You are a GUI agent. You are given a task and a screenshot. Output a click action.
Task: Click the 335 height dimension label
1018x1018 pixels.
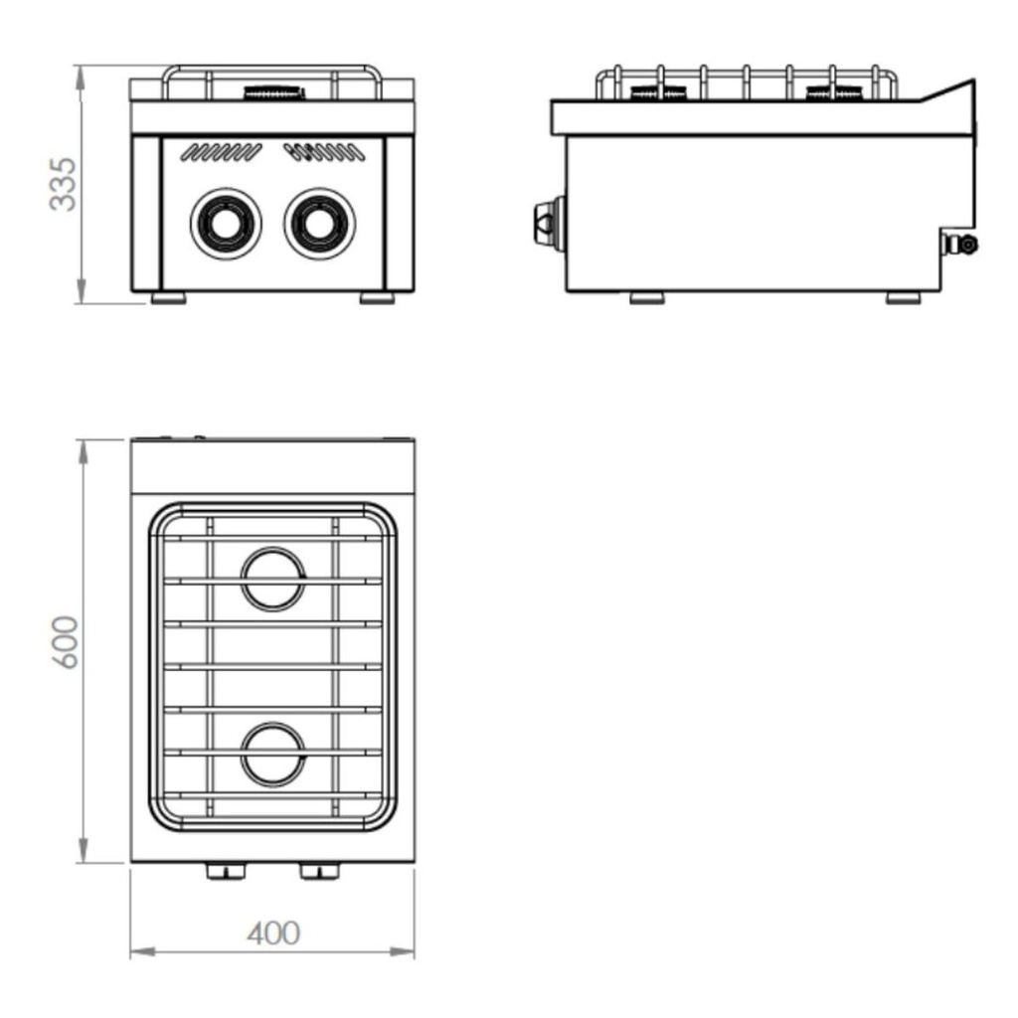pyautogui.click(x=63, y=184)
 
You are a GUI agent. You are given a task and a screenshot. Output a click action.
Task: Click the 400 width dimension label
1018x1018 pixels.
pyautogui.click(x=273, y=933)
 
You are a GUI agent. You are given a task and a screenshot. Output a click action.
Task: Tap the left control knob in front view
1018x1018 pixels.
pyautogui.click(x=226, y=223)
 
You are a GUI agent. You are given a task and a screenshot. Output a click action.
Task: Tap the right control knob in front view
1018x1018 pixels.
pyautogui.click(x=319, y=223)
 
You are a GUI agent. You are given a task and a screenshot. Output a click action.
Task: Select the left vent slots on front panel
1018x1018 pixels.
pyautogui.click(x=223, y=152)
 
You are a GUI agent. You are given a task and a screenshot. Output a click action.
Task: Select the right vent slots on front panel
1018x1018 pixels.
pyautogui.click(x=318, y=152)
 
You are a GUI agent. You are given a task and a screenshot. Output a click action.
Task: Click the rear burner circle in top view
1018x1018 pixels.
pyautogui.click(x=273, y=578)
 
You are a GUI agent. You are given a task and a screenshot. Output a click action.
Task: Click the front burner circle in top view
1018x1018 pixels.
pyautogui.click(x=273, y=754)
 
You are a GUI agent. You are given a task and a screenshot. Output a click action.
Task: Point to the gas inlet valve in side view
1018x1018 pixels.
pyautogui.click(x=961, y=243)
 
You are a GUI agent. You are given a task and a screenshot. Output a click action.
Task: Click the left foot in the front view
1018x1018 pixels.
pyautogui.click(x=169, y=297)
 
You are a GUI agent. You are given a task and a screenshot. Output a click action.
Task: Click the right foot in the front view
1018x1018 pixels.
pyautogui.click(x=377, y=297)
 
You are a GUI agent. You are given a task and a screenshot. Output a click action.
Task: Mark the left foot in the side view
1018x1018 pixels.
pyautogui.click(x=648, y=297)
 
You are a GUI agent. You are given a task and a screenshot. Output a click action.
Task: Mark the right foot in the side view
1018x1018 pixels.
pyautogui.click(x=904, y=297)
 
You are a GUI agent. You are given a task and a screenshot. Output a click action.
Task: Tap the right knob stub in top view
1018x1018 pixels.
pyautogui.click(x=319, y=872)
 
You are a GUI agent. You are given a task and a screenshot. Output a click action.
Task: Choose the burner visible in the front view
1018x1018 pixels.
pyautogui.click(x=273, y=94)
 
